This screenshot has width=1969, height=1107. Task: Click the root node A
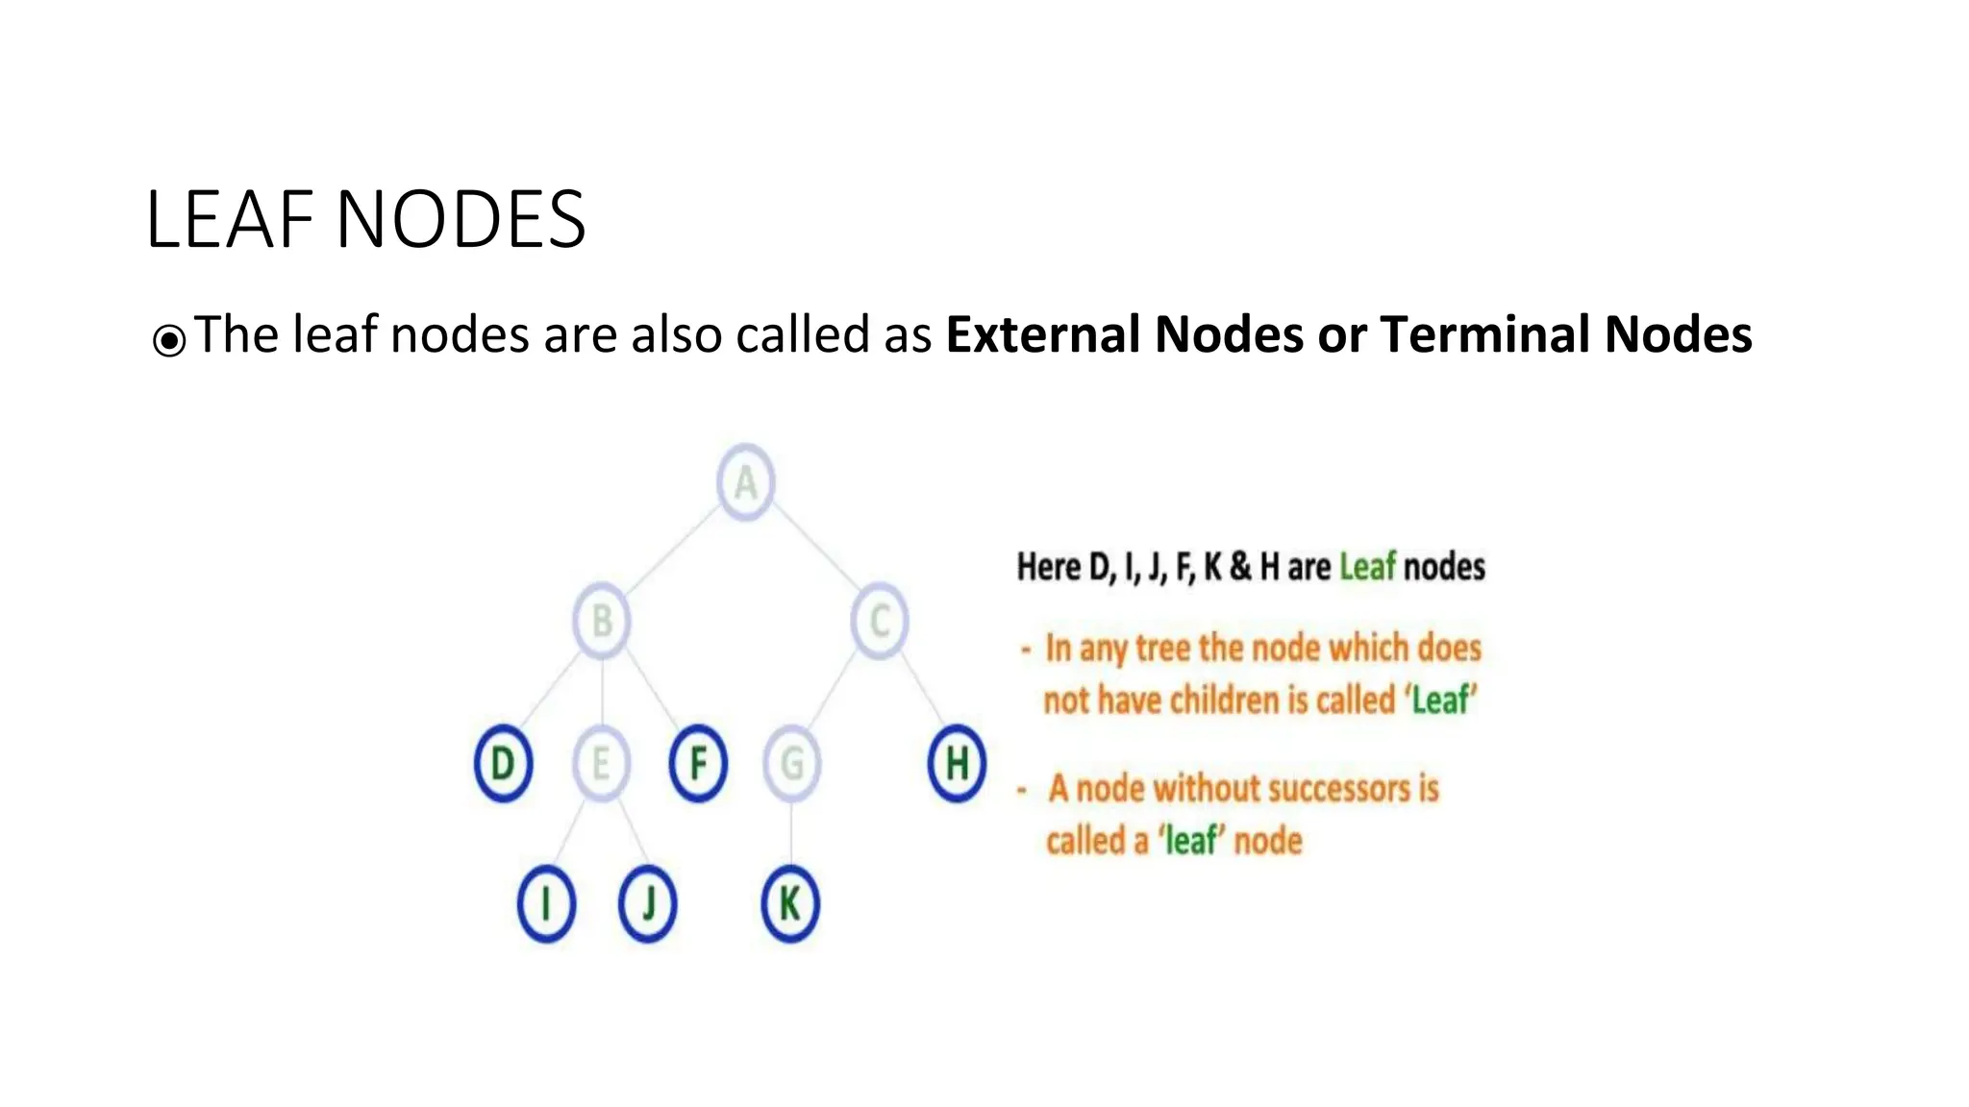coord(745,482)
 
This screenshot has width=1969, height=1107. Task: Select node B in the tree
coord(602,621)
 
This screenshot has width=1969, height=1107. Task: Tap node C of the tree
coord(879,621)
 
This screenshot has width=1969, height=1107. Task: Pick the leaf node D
coord(503,764)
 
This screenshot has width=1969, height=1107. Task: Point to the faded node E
coord(601,764)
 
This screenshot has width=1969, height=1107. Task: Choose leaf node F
coord(698,764)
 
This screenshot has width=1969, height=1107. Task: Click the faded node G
coord(791,764)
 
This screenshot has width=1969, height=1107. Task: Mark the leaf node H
coord(957,764)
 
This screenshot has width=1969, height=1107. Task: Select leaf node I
coord(546,904)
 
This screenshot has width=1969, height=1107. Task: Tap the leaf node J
coord(647,904)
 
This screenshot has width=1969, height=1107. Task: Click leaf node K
coord(789,904)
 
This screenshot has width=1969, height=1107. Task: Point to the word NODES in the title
coord(461,220)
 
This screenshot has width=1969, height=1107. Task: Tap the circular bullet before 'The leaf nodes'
coord(169,340)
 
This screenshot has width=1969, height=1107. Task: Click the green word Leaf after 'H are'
coord(1366,567)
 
